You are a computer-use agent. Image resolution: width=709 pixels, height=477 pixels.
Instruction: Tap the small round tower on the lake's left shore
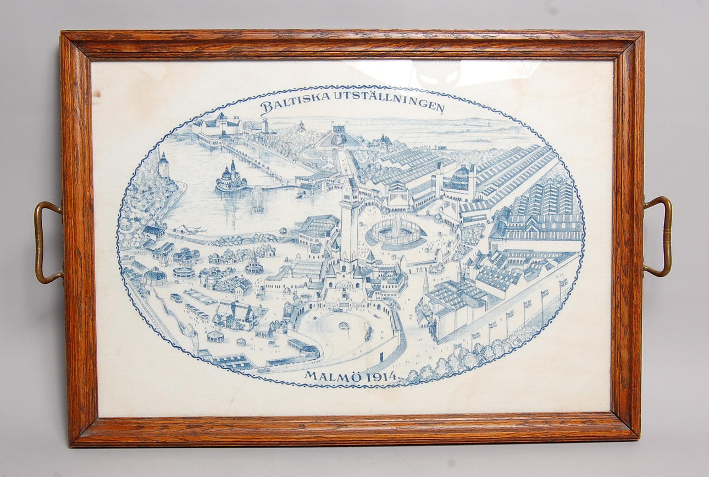tap(163, 165)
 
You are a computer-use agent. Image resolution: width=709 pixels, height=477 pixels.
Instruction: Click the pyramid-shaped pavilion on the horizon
tap(339, 136)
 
